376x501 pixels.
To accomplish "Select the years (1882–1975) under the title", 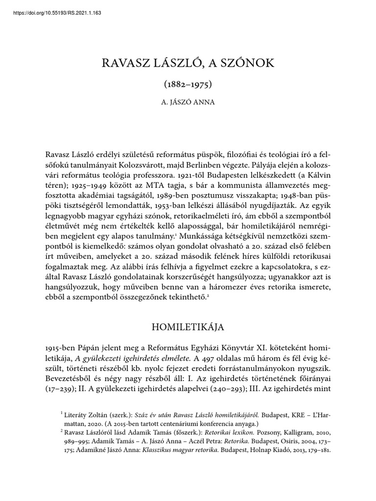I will click(188, 84).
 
